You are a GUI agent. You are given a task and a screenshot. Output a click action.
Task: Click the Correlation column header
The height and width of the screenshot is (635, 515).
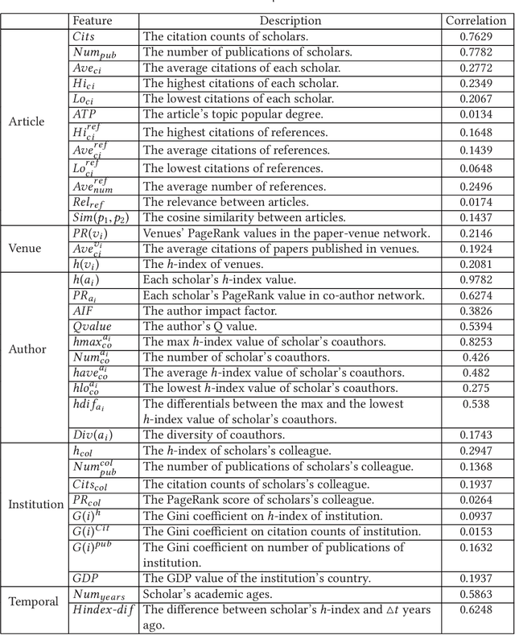pyautogui.click(x=476, y=20)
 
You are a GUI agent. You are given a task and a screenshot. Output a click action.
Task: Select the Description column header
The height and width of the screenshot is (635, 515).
pyautogui.click(x=290, y=20)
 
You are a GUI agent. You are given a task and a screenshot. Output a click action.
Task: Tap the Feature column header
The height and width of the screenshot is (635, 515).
pyautogui.click(x=92, y=20)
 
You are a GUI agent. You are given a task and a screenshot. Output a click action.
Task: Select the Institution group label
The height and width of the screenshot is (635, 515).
pyautogui.click(x=35, y=505)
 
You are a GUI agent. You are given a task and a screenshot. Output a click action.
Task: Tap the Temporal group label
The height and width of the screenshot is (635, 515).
pyautogui.click(x=33, y=601)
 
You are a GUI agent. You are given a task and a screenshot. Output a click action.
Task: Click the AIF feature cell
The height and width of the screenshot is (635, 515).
pyautogui.click(x=84, y=310)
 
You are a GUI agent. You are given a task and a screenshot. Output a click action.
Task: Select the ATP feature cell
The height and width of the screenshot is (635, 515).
pyautogui.click(x=84, y=114)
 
